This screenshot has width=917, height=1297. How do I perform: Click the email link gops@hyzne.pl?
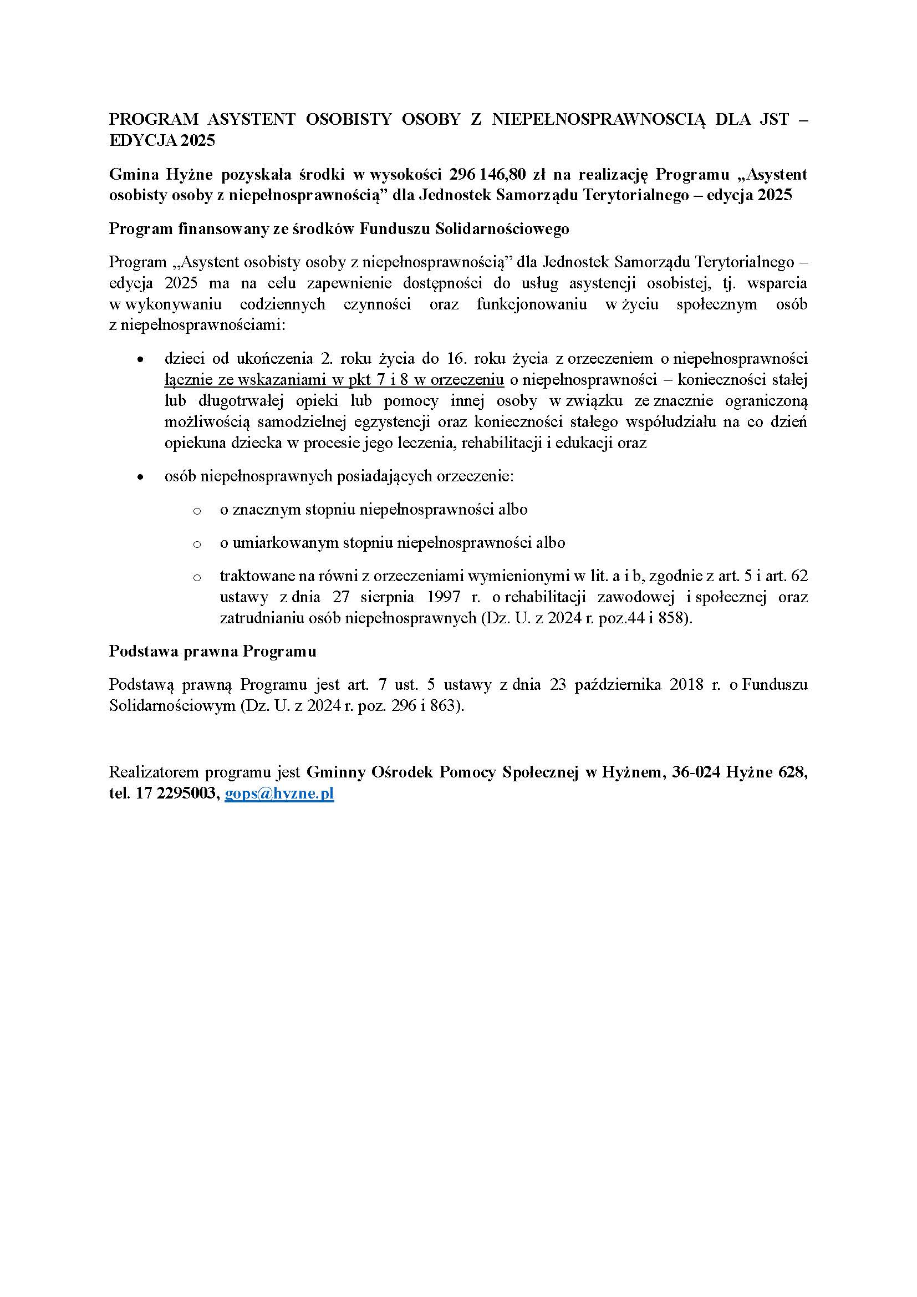click(279, 794)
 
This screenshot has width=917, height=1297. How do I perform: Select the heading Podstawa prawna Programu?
click(212, 652)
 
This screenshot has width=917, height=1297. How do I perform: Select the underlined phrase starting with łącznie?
click(334, 380)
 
